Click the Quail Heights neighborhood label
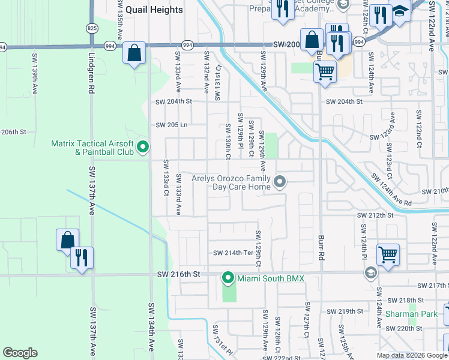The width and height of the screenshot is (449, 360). [154, 10]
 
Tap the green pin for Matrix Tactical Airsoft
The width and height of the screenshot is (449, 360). [143, 146]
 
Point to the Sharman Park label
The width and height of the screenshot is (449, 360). [420, 314]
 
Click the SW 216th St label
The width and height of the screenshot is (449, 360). [178, 274]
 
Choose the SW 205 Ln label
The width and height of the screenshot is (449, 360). [172, 125]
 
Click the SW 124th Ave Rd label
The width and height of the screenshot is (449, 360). [391, 191]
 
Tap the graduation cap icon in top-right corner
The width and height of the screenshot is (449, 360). [400, 12]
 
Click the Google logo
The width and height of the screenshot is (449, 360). [20, 353]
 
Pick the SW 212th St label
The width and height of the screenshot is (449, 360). [375, 215]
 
